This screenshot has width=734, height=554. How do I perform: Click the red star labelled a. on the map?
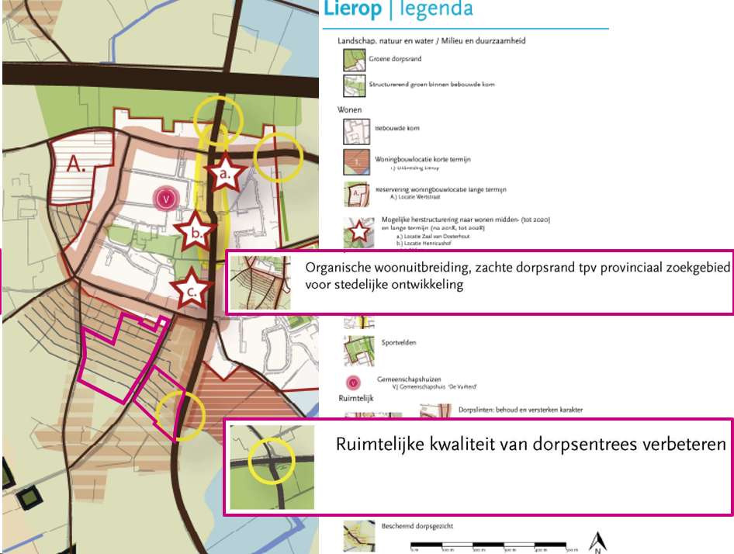pyautogui.click(x=225, y=175)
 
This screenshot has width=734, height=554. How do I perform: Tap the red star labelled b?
pyautogui.click(x=197, y=231)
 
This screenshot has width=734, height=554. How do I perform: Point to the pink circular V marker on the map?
pyautogui.click(x=164, y=198)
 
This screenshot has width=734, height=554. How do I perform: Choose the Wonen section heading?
pyautogui.click(x=350, y=110)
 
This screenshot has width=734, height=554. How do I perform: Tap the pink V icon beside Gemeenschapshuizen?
pyautogui.click(x=354, y=382)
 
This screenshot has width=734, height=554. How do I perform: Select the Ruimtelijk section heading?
pyautogui.click(x=356, y=397)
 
